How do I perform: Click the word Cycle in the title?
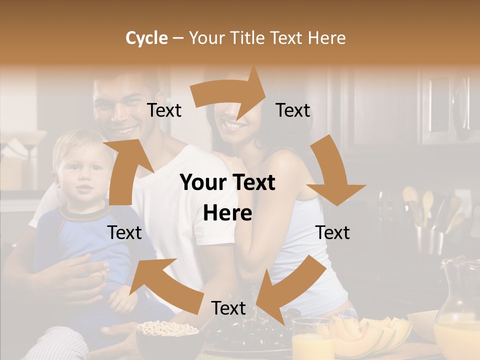coord(146,38)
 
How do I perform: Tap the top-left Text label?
coord(164,110)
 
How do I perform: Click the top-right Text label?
coord(293,110)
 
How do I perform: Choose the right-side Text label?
coord(333,233)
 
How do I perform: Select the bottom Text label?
coord(228,308)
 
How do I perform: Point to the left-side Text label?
coord(125,233)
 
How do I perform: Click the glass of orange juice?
coord(312,342)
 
